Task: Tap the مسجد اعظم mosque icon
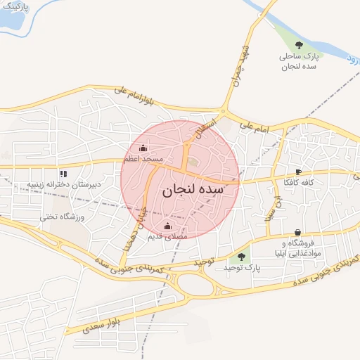[144, 148]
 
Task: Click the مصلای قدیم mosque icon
[167, 226]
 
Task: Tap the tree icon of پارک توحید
[242, 257]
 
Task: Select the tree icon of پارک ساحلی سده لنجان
[300, 45]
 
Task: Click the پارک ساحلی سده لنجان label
[300, 60]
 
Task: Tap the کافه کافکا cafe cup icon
[299, 172]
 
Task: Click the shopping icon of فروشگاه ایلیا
[298, 233]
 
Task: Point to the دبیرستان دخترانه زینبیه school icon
[63, 173]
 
